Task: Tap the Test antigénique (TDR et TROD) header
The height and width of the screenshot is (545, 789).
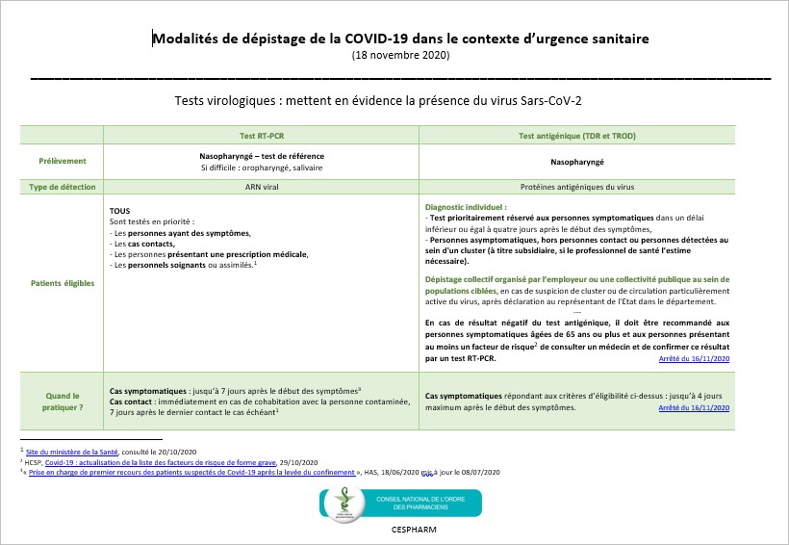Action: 576,136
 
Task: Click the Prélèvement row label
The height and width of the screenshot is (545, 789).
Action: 63,161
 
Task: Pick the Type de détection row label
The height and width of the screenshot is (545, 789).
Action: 63,187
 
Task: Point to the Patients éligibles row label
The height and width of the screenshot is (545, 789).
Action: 63,284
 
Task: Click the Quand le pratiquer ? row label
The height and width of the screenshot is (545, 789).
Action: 63,401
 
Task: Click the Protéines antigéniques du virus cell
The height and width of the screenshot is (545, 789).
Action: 576,187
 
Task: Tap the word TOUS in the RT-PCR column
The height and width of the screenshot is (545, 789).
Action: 120,210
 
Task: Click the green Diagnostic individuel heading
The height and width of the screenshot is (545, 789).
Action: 466,207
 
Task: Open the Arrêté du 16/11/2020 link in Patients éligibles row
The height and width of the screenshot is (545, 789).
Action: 694,359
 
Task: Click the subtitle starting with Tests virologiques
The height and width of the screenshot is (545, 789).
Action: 394,100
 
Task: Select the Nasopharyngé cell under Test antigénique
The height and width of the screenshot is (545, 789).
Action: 576,162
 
